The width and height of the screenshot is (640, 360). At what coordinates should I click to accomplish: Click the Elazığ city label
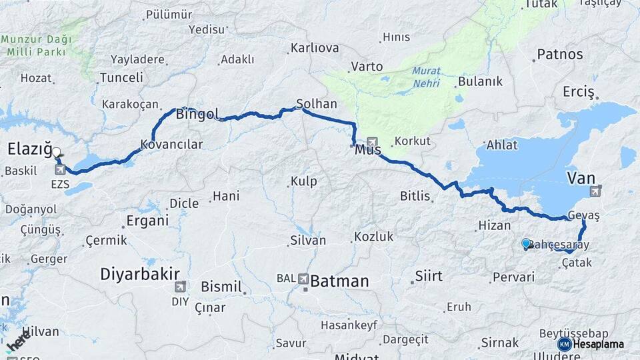tap(29, 149)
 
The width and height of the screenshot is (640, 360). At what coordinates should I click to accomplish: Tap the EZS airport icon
tap(61, 169)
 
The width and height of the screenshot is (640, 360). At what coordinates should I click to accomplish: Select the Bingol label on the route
tap(197, 115)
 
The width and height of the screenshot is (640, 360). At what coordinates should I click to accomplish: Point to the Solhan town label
tap(317, 105)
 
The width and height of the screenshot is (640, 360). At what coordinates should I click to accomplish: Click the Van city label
tap(581, 177)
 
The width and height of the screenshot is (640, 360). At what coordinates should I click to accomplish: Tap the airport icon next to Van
tap(595, 192)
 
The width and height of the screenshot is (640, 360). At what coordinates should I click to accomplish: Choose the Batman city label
tap(339, 281)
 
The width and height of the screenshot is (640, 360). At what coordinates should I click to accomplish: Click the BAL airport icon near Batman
tap(303, 279)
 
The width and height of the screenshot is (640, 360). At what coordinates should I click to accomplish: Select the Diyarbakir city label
tap(141, 274)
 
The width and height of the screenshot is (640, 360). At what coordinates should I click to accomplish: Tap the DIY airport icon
tap(179, 287)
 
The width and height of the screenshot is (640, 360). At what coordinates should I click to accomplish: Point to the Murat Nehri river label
tap(426, 75)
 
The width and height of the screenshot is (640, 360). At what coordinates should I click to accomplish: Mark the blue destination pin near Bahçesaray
tap(526, 244)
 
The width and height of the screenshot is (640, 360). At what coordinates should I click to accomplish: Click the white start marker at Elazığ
tap(56, 152)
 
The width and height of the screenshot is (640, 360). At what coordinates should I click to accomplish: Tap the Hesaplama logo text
tap(598, 344)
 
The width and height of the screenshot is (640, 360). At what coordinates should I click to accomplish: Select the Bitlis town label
tap(415, 195)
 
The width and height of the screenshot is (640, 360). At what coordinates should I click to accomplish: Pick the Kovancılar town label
tap(171, 144)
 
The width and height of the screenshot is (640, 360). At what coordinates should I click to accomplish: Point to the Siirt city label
tap(429, 276)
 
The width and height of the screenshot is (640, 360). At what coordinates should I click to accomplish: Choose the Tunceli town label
tap(121, 78)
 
